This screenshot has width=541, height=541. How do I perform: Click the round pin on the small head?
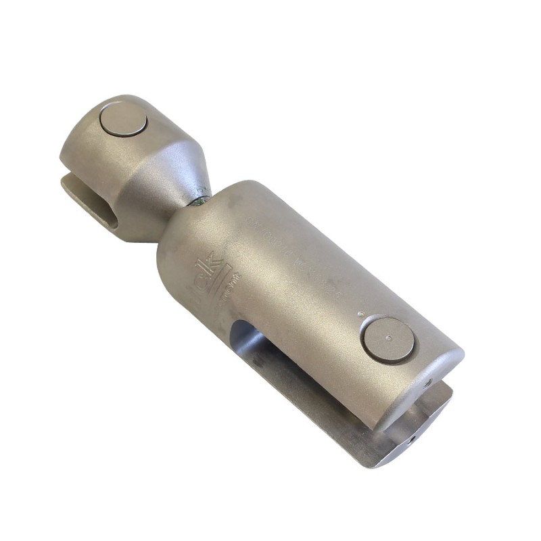(x=123, y=120)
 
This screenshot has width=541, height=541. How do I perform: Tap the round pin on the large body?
(x=388, y=339)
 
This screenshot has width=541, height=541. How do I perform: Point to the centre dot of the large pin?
(x=387, y=339)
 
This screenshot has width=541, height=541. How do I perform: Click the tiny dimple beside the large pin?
(x=360, y=314)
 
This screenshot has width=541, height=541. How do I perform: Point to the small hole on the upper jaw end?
(x=429, y=384)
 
